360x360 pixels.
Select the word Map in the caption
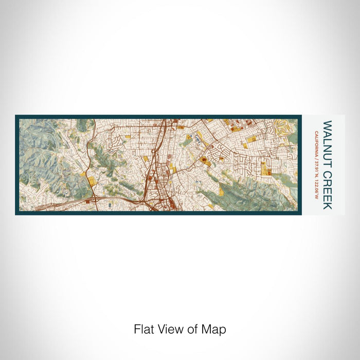click(215, 329)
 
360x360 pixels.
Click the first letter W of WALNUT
click(327, 124)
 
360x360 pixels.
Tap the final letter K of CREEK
click(327, 207)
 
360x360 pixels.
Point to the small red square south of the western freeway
click(86, 203)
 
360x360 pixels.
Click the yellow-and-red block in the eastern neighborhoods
click(266, 168)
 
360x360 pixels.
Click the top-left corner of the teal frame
click(16, 116)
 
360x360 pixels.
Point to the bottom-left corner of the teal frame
click(16, 214)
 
